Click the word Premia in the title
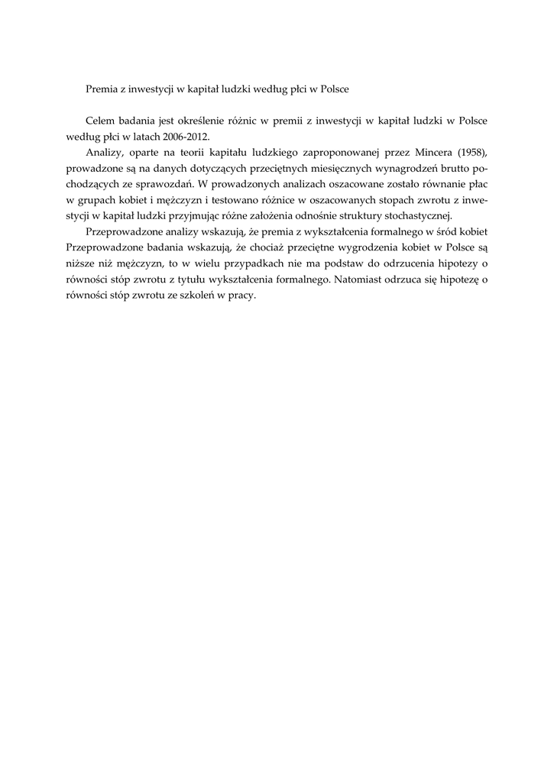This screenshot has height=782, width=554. [102, 89]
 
